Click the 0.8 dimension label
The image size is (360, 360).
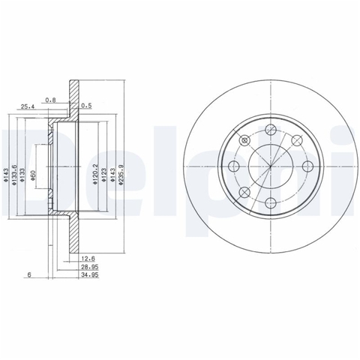click(50, 100)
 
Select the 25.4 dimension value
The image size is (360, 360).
click(28, 107)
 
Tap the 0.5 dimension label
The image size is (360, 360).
click(86, 106)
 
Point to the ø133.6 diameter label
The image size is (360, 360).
click(14, 175)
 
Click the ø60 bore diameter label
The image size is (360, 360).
click(33, 175)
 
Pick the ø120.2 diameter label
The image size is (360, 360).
click(95, 175)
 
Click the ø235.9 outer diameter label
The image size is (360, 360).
click(121, 175)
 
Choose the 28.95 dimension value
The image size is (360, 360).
click(90, 267)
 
